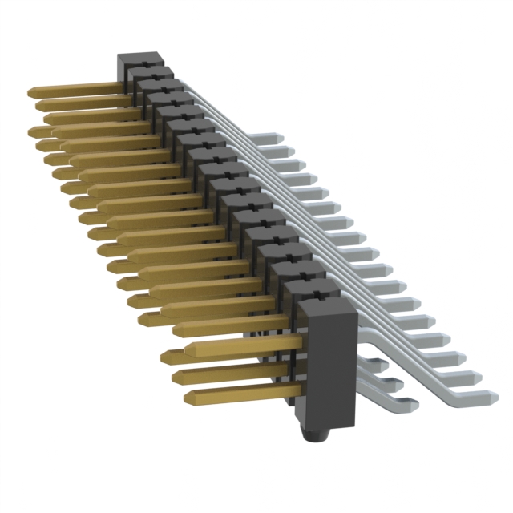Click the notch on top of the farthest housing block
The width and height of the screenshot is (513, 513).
point(141,58)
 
